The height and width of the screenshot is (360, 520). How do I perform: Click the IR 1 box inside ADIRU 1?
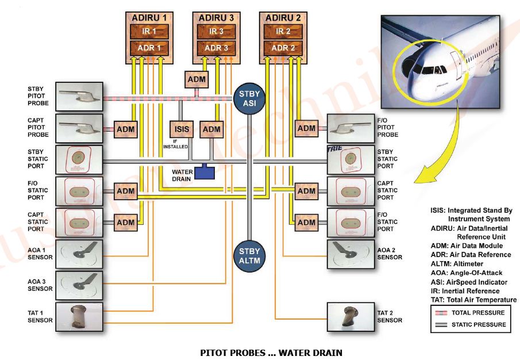coord(148,31)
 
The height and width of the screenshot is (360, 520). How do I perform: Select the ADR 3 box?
coord(215,48)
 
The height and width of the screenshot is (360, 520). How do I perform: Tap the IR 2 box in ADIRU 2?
coord(283,31)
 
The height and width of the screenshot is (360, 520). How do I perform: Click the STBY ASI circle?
coord(249,98)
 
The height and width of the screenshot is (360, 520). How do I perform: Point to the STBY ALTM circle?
coord(249,256)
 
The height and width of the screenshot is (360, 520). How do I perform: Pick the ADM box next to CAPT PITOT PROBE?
coord(126,129)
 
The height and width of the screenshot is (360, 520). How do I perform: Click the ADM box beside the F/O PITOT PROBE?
coord(306,129)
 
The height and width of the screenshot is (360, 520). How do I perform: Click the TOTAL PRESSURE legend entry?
coord(471,313)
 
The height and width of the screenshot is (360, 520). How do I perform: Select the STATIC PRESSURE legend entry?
coord(471,325)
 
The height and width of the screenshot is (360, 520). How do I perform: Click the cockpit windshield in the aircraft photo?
coord(433,71)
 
